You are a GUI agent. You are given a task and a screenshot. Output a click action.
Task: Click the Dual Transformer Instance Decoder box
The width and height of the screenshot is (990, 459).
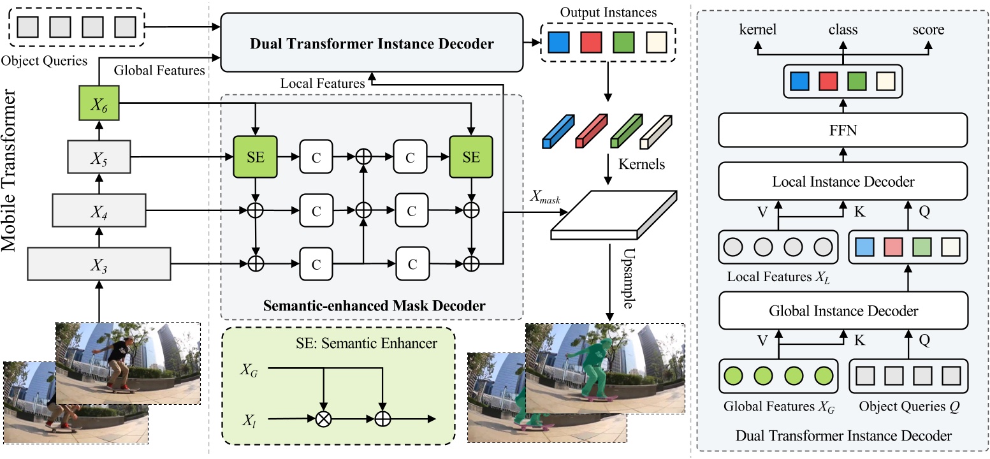(x=372, y=44)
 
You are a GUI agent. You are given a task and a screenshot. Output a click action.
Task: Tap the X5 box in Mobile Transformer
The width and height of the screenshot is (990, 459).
(x=99, y=157)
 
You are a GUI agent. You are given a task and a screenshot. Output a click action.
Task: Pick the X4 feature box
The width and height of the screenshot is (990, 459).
(x=99, y=210)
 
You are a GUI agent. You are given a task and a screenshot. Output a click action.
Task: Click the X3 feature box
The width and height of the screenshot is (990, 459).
(x=99, y=263)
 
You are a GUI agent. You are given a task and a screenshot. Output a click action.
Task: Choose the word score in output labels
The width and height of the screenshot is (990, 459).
(x=928, y=30)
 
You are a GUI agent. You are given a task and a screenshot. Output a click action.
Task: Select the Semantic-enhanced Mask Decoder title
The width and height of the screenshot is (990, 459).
(x=374, y=306)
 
